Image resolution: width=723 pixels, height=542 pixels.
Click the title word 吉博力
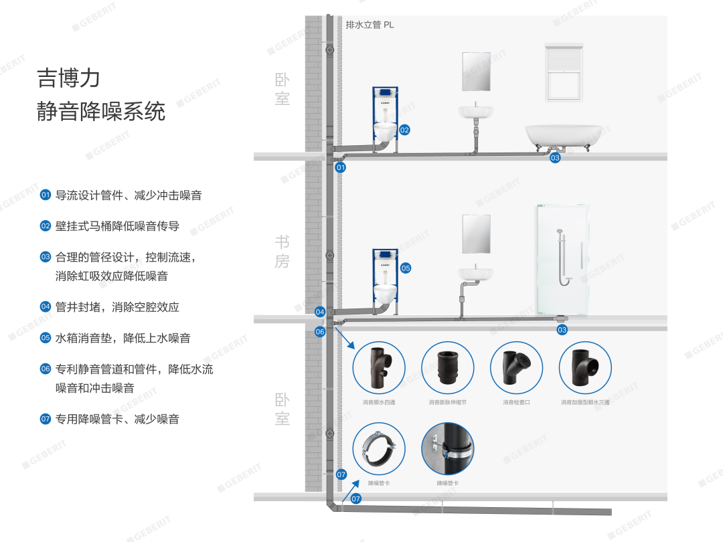[68, 78]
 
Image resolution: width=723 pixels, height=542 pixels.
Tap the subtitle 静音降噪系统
[100, 111]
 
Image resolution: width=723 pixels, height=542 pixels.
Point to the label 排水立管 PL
[370, 25]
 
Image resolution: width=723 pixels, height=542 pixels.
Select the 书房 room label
[282, 251]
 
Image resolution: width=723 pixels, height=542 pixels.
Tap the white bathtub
[558, 136]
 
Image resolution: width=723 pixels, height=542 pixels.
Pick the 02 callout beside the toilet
[404, 130]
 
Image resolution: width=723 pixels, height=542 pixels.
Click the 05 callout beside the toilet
[406, 268]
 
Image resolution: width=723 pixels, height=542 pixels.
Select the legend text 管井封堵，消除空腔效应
[117, 307]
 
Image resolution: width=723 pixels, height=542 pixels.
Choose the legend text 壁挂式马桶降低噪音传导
[117, 226]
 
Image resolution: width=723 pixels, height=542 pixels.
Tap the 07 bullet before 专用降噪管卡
[46, 420]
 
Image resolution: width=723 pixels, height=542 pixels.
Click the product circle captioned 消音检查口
[516, 367]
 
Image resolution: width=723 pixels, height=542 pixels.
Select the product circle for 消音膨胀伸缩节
[447, 367]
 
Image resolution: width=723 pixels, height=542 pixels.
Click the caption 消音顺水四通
[379, 403]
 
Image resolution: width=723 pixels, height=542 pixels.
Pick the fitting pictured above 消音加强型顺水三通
[585, 367]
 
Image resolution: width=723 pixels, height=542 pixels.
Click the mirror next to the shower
[476, 234]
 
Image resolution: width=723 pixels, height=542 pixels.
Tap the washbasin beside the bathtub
[475, 110]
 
